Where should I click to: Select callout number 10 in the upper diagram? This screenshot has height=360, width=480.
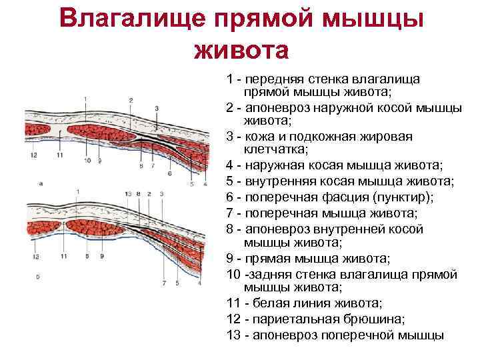coord(91,161)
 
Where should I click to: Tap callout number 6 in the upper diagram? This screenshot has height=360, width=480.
coord(169,173)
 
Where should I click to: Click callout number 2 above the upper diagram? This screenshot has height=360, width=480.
coord(131,100)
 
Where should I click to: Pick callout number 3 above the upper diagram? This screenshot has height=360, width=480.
coord(157,108)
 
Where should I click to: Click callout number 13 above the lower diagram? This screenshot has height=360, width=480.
coord(128,193)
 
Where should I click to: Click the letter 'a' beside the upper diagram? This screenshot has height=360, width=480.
coord(41,182)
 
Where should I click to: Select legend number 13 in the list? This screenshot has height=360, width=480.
coord(233,335)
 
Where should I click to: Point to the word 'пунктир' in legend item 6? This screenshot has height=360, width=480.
coord(400,197)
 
